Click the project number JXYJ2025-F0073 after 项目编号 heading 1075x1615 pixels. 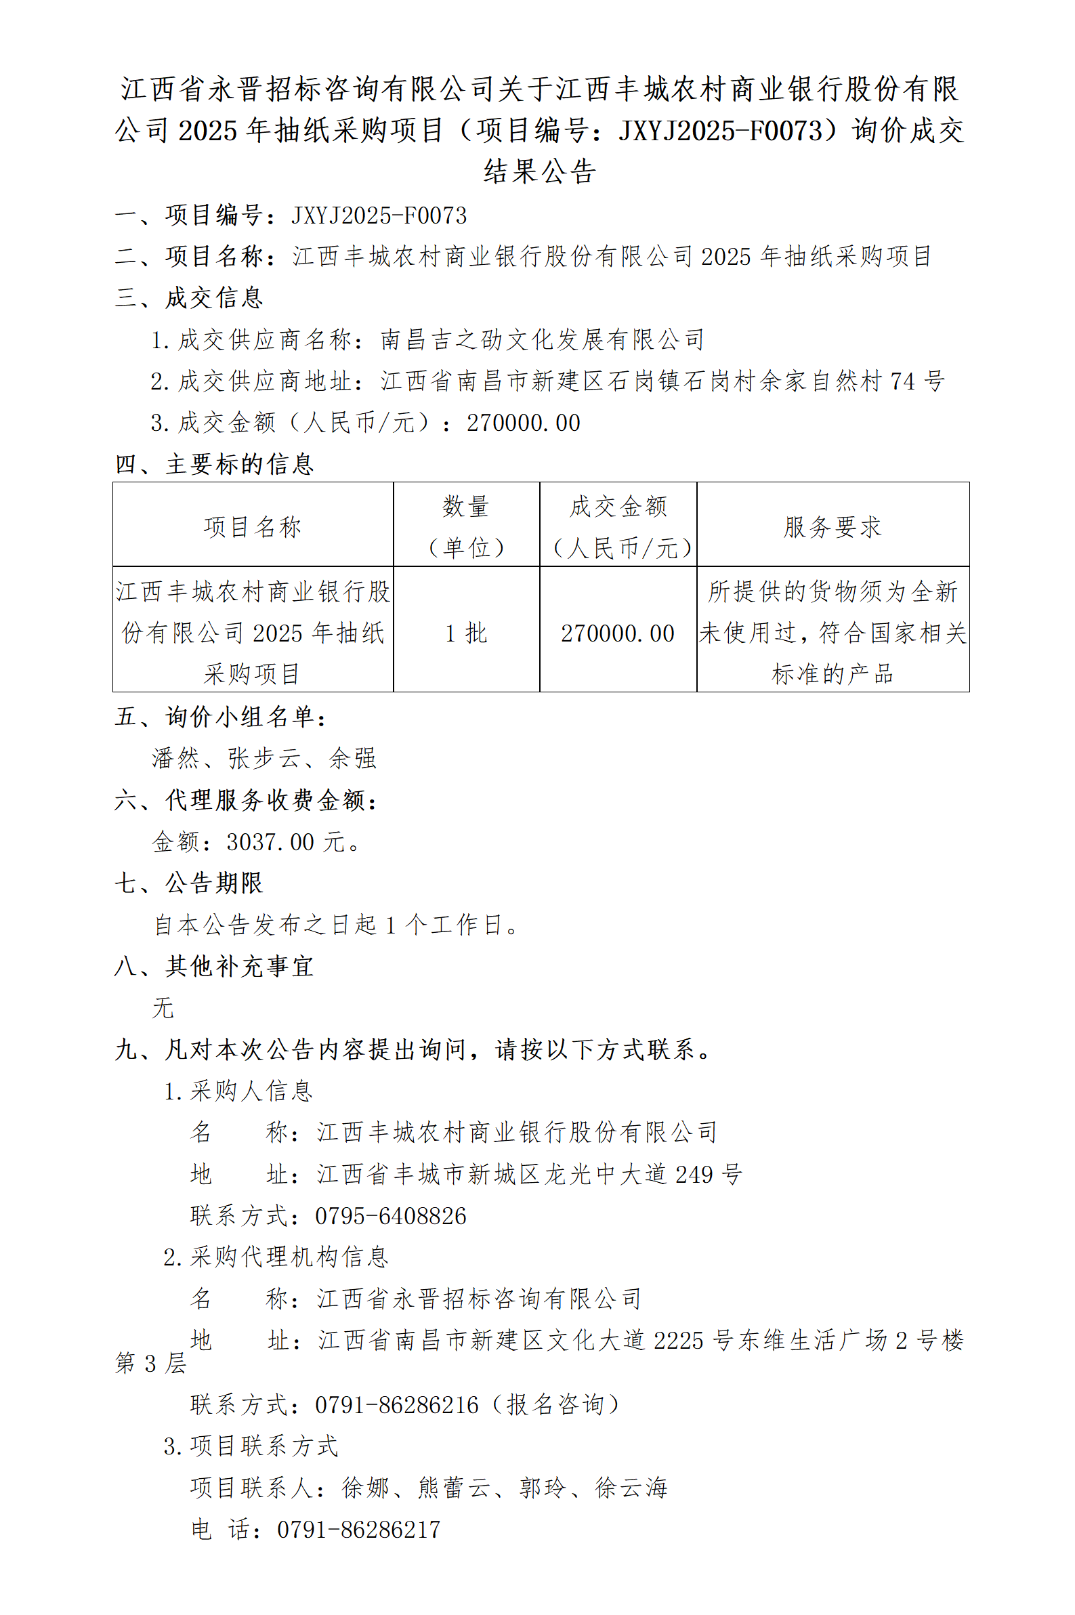(379, 215)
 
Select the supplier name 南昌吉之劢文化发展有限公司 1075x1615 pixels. (543, 339)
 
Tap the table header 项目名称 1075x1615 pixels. (252, 526)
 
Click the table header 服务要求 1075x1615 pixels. (832, 526)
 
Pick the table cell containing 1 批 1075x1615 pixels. (466, 633)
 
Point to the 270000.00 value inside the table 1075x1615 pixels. (618, 633)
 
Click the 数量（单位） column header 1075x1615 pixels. (466, 526)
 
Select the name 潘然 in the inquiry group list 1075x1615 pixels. (175, 758)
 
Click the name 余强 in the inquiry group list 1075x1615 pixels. (352, 758)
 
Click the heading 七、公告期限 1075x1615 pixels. (189, 883)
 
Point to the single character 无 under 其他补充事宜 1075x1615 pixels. (163, 1007)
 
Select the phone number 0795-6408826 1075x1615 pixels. (390, 1216)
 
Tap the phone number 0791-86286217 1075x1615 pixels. (358, 1530)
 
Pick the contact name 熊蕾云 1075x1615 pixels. (454, 1488)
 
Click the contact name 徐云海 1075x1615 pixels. (631, 1488)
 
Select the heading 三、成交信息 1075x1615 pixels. (189, 297)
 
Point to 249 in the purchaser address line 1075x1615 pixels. (694, 1174)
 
